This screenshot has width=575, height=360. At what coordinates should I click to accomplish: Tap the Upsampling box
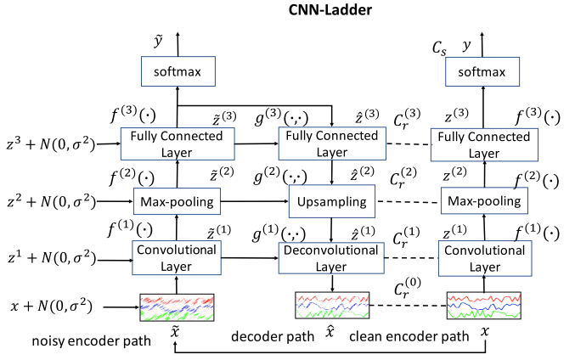(x=330, y=202)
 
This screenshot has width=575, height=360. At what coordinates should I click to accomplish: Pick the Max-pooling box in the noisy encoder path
(x=178, y=202)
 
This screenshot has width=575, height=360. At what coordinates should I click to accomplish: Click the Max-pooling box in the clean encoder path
(x=482, y=202)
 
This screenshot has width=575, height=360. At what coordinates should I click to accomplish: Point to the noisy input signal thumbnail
(x=178, y=307)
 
